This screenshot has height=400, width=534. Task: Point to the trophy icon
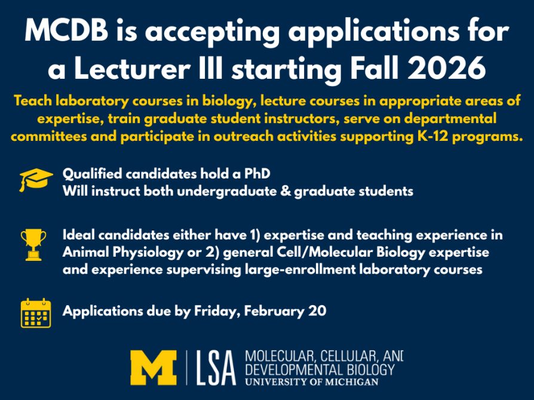click(33, 244)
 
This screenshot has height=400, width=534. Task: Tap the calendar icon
click(36, 312)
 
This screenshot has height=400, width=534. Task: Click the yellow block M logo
click(154, 367)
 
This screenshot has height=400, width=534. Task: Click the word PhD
click(258, 175)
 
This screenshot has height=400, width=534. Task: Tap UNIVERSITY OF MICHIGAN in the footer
click(311, 381)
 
